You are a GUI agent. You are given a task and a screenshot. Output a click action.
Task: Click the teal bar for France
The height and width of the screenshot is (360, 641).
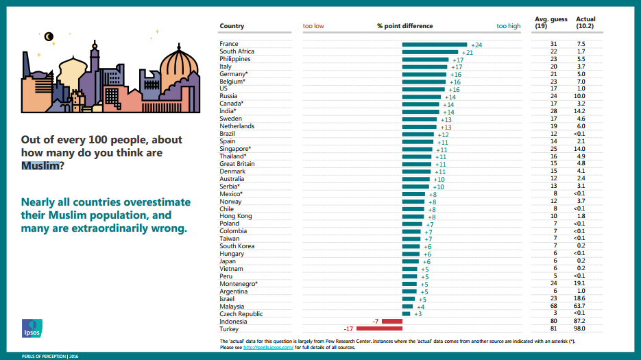click(x=435, y=45)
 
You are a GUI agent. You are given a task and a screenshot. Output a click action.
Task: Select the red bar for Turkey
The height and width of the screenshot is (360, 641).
click(x=378, y=329)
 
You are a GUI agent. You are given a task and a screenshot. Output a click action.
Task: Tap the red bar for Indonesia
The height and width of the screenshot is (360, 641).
click(x=391, y=321)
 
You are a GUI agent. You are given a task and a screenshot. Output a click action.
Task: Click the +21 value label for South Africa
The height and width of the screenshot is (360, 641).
click(x=468, y=53)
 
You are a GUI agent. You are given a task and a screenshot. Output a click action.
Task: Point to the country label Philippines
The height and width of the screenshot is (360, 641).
click(x=235, y=60)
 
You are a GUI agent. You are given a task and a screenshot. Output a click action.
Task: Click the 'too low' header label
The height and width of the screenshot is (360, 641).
click(x=313, y=26)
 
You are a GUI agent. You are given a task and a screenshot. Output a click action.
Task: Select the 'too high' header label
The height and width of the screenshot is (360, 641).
click(x=509, y=26)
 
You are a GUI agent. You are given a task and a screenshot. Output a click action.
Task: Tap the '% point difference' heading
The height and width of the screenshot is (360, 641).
click(x=404, y=26)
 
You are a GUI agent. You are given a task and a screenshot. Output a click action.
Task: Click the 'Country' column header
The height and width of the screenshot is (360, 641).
click(x=232, y=26)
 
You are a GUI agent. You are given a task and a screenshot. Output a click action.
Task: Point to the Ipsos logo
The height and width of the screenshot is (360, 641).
click(x=32, y=328)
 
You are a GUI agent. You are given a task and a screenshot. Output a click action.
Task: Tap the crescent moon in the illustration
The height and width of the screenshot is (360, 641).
click(x=49, y=36)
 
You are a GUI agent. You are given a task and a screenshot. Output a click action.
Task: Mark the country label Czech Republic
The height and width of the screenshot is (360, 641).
click(x=241, y=313)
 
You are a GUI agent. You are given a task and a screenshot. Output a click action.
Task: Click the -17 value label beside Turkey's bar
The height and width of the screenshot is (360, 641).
click(x=349, y=329)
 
